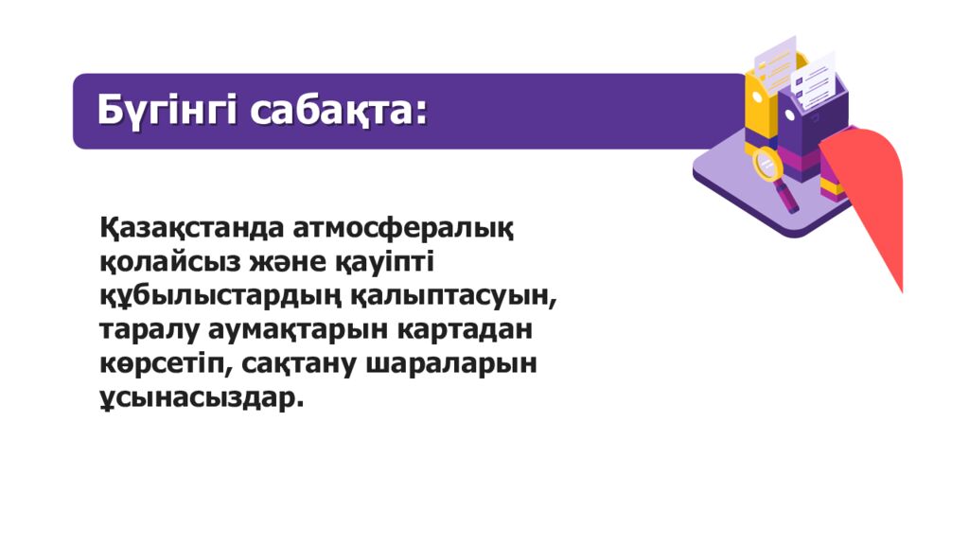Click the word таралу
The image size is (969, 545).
coord(151,329)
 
